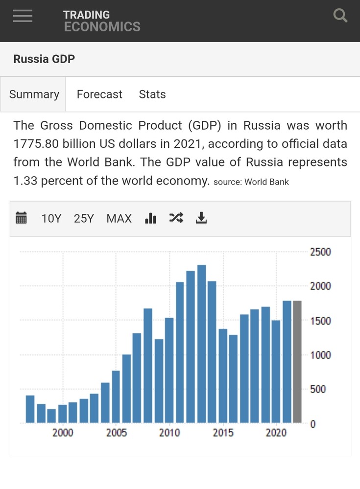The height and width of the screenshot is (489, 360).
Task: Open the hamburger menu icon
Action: click(23, 16)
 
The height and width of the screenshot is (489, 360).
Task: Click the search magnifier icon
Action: click(340, 16)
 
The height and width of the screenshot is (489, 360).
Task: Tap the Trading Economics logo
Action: click(101, 21)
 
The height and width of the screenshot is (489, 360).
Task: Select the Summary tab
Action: click(34, 94)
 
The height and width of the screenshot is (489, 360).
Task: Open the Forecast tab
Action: click(99, 94)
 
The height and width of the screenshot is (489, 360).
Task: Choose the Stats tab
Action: click(152, 94)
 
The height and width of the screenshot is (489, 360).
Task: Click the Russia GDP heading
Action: click(44, 59)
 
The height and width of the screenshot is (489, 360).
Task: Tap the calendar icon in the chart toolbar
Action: click(21, 218)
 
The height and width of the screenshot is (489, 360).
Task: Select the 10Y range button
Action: click(51, 219)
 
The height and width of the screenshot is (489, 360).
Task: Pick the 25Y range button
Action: click(84, 219)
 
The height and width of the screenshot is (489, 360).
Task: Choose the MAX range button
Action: click(119, 219)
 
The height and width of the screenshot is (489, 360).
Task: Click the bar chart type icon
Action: click(150, 218)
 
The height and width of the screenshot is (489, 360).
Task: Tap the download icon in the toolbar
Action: click(201, 218)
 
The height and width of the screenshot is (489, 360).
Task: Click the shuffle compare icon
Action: click(176, 218)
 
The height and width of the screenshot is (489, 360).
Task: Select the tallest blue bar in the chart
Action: click(201, 343)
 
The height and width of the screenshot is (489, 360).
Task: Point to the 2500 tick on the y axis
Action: click(320, 252)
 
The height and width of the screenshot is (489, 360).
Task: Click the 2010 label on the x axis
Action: click(169, 433)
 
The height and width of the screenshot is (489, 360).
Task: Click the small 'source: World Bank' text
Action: click(251, 182)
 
